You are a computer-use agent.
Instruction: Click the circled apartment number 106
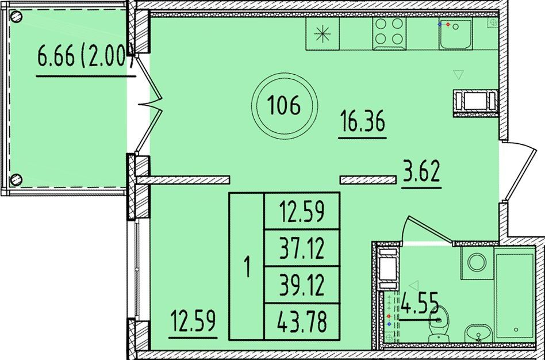pos(285,105)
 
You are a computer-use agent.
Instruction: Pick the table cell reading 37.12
pos(302,248)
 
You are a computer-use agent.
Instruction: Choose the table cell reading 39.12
pos(302,285)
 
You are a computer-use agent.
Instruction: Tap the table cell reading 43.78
pos(302,321)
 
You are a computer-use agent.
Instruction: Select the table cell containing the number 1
pos(247,266)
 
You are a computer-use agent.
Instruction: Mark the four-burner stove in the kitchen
pos(389,33)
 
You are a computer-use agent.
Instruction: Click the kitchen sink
pos(455,34)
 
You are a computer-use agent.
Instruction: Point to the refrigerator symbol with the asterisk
pos(322,33)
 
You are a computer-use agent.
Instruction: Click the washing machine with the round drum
pos(477,263)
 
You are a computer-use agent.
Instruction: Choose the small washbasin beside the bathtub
pos(479,333)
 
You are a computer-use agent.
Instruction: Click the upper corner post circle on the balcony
pos(16,16)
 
